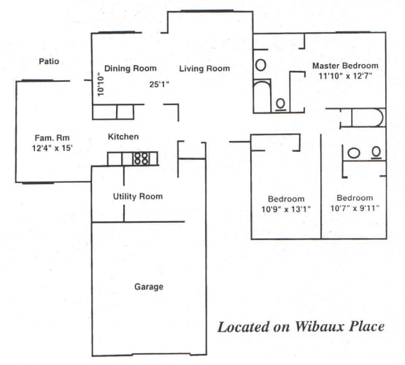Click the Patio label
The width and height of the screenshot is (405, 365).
(49, 61)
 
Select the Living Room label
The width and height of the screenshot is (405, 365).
(206, 69)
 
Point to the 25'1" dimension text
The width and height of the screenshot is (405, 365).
(160, 83)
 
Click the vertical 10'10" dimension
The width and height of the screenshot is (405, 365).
(100, 85)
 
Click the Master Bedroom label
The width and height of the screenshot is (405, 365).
(345, 66)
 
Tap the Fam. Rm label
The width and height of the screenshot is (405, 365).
(51, 137)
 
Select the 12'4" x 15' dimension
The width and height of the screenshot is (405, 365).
(51, 148)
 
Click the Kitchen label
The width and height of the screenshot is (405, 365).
(123, 137)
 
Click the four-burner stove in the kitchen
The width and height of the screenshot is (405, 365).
(141, 158)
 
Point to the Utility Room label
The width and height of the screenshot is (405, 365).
(137, 196)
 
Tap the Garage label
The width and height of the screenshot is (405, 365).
(148, 286)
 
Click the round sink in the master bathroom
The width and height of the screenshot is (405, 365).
(261, 64)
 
